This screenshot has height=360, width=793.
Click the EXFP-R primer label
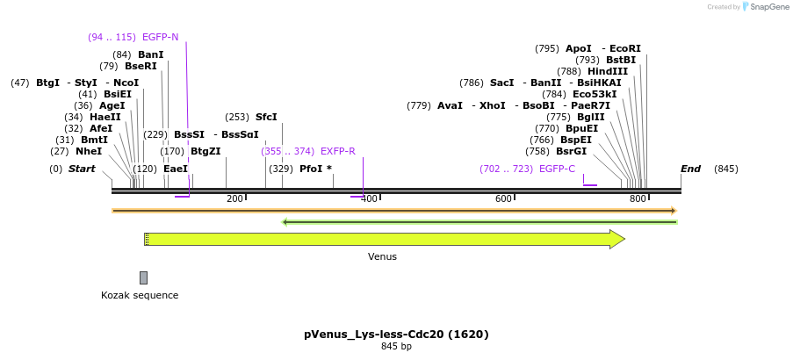[x=338, y=151]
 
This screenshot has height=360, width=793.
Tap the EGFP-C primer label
[x=557, y=169]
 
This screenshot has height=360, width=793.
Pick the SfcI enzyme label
[x=266, y=117]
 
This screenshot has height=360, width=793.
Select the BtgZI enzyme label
[x=205, y=151]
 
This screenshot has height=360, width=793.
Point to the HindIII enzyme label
[x=608, y=71]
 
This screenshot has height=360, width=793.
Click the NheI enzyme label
[x=89, y=151]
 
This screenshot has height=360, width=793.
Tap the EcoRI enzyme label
[x=625, y=48]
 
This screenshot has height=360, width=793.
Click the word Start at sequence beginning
[x=82, y=169]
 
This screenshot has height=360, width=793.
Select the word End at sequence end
[x=691, y=169]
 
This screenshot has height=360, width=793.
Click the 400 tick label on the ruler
[x=369, y=199]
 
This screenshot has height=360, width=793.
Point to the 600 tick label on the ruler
[x=503, y=199]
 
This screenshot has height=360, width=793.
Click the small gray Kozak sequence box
[x=143, y=277]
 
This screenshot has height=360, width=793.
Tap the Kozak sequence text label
[x=140, y=295]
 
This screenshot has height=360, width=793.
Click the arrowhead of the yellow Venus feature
[x=617, y=239]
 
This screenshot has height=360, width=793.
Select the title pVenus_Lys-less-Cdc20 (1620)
[x=396, y=334]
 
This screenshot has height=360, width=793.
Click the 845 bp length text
[x=396, y=347]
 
